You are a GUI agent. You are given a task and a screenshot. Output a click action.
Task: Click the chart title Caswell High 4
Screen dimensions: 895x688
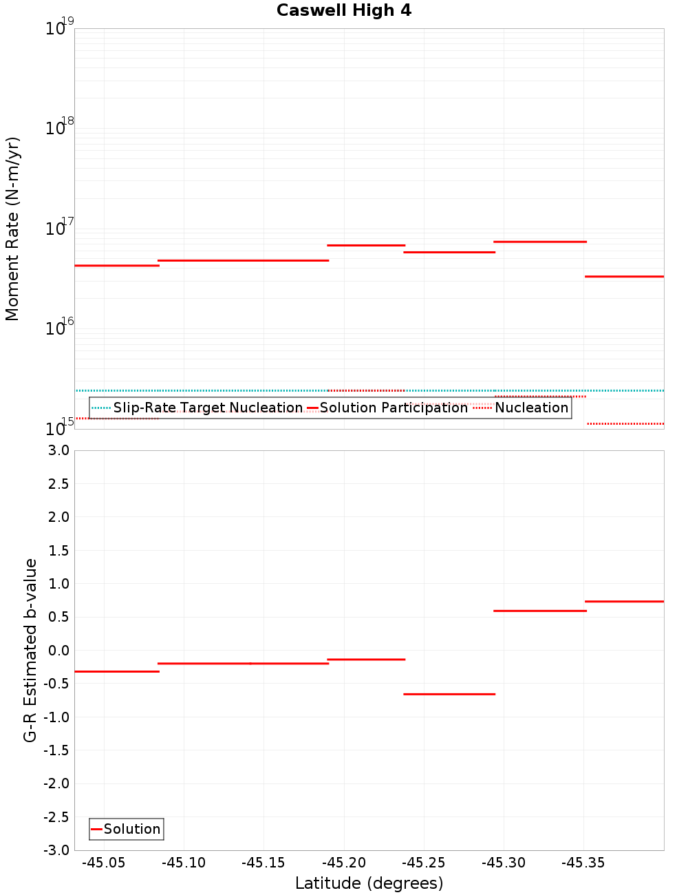(344, 10)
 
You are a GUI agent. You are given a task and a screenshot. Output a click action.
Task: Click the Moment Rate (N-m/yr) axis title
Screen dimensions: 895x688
(12, 229)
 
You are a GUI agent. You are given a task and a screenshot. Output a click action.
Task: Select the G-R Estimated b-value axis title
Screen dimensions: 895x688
(30, 650)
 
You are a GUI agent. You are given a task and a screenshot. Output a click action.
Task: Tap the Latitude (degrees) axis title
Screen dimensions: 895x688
(369, 883)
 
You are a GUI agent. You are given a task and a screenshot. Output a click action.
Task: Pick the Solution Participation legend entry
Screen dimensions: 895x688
(394, 408)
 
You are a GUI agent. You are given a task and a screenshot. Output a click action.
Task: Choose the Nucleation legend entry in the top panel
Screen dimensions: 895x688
(531, 408)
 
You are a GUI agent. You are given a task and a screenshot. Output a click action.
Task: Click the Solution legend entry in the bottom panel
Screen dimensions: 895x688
(131, 829)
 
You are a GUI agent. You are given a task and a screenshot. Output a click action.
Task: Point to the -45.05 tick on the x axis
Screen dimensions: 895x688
(104, 863)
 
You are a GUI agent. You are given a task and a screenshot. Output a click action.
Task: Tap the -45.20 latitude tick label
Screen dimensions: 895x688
(344, 863)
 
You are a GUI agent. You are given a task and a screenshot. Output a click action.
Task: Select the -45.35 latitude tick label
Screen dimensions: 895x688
(583, 863)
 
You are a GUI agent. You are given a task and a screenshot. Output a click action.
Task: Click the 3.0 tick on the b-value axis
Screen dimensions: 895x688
(56, 451)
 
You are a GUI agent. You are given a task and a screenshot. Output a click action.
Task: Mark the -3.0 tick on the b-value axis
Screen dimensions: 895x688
(56, 850)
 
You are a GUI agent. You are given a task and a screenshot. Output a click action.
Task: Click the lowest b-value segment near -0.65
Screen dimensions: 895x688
(449, 694)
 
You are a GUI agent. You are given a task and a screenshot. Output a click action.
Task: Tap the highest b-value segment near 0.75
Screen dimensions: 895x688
(624, 602)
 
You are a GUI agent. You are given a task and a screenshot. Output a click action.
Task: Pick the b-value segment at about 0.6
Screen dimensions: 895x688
(540, 611)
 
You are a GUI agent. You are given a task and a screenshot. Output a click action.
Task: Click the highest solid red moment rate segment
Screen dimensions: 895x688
(540, 242)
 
